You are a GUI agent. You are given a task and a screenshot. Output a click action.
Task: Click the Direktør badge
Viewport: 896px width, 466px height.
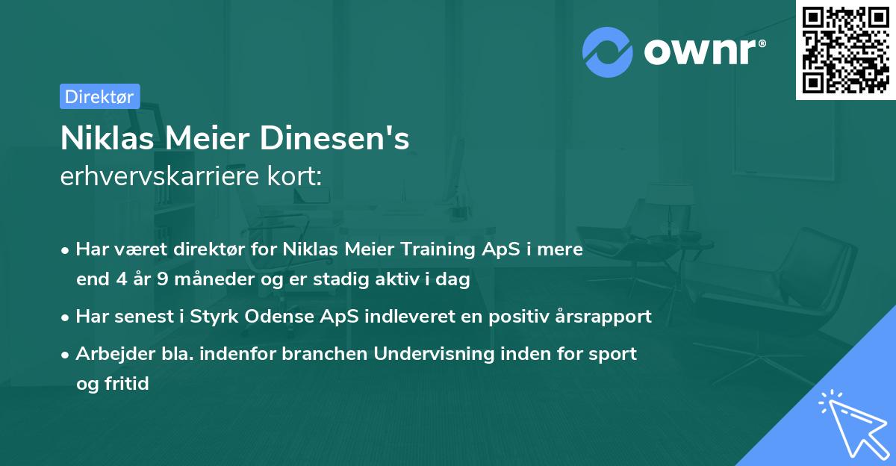pyautogui.click(x=99, y=96)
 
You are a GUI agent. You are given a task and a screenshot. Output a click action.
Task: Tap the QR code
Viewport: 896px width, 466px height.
pyautogui.click(x=844, y=49)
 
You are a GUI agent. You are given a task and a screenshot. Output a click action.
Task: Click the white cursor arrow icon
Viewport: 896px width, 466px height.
pyautogui.click(x=851, y=424)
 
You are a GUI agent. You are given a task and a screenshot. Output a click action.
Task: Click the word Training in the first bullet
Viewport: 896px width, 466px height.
pyautogui.click(x=443, y=249)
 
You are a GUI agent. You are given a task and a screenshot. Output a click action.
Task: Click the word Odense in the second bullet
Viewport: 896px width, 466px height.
pyautogui.click(x=281, y=317)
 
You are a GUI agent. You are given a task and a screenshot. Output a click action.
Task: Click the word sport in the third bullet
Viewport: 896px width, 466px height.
pyautogui.click(x=615, y=354)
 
